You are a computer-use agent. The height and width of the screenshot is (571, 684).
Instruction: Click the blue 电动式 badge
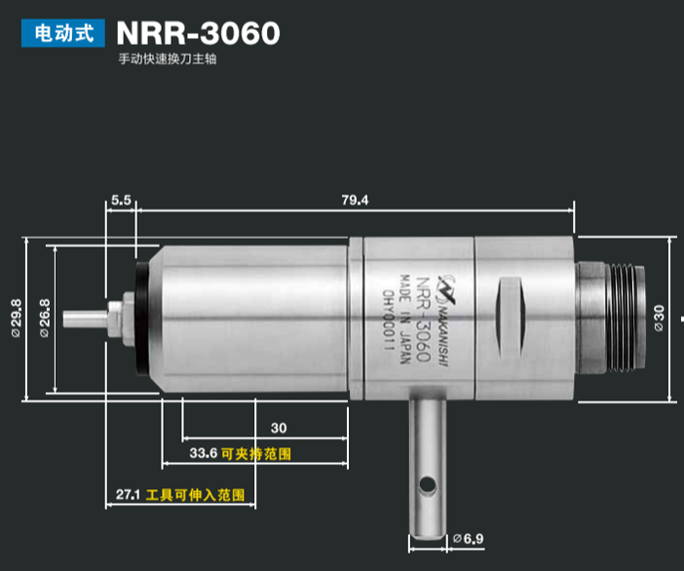click(63, 33)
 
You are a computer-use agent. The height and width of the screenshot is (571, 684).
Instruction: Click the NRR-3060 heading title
click(198, 33)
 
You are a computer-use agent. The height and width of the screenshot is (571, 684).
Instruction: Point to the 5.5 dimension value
click(121, 199)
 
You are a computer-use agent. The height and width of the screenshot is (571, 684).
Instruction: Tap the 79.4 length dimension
click(356, 200)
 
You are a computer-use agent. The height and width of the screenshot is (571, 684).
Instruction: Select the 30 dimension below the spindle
click(279, 428)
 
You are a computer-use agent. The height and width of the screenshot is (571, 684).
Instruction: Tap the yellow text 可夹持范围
click(256, 454)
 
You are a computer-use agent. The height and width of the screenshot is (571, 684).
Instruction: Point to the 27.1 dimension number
click(129, 495)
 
